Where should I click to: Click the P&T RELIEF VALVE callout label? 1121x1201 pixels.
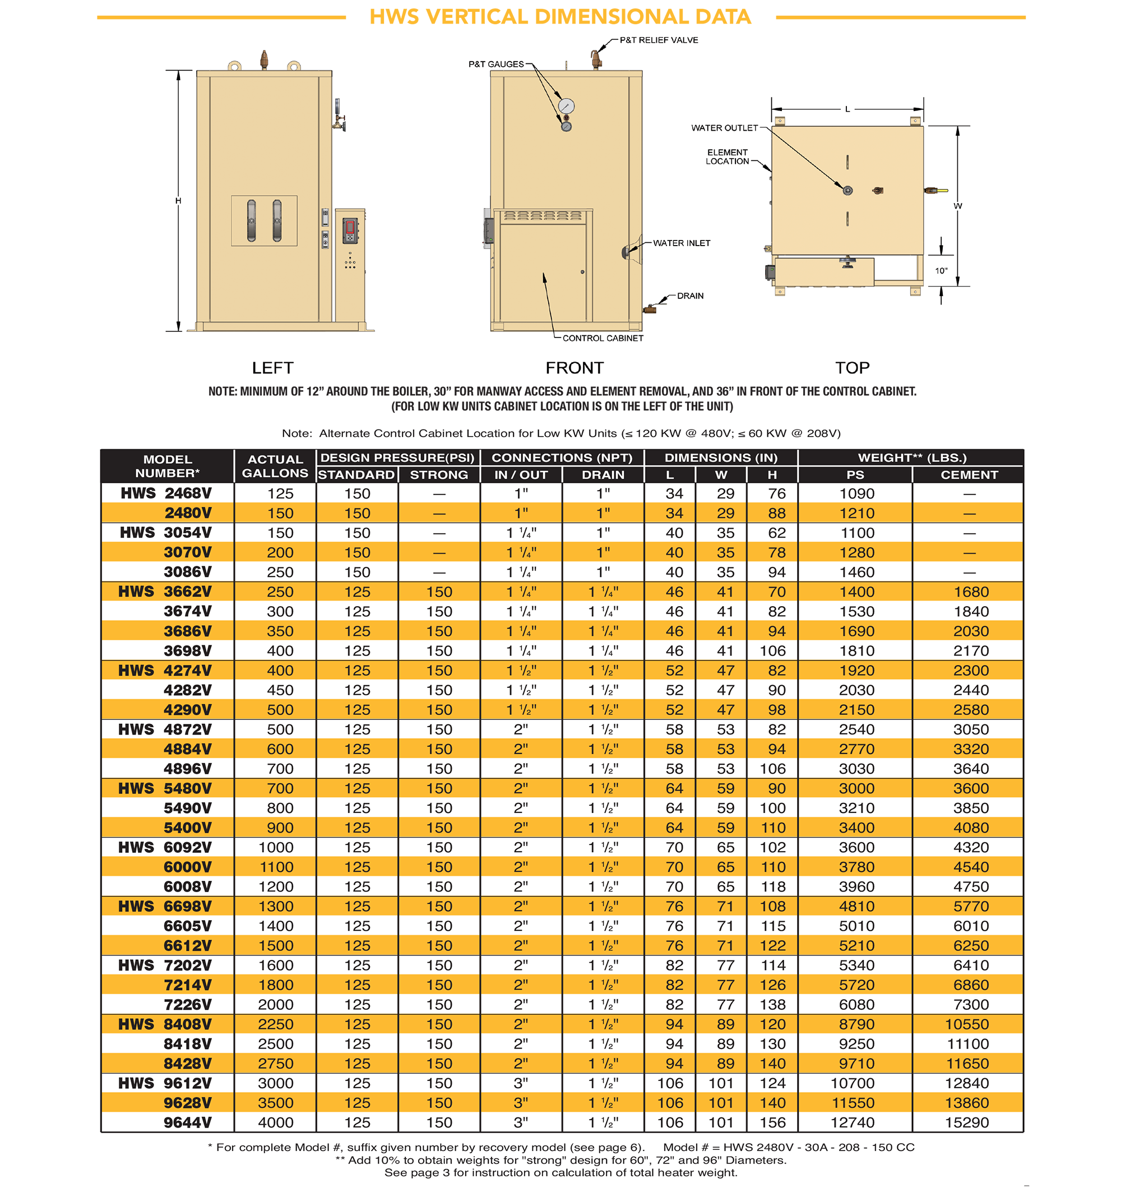click(659, 40)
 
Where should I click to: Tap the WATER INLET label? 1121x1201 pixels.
click(682, 243)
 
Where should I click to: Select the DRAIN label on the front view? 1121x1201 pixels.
click(690, 295)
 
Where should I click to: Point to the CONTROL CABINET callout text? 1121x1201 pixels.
click(602, 338)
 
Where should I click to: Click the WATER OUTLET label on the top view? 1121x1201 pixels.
click(724, 128)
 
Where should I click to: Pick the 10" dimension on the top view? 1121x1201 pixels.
click(941, 271)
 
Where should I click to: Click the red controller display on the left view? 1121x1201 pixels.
click(350, 227)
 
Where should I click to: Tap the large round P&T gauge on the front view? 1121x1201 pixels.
click(566, 106)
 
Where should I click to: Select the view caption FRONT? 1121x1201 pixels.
click(574, 367)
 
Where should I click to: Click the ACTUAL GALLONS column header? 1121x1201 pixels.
click(275, 466)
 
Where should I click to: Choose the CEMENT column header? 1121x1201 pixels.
click(969, 475)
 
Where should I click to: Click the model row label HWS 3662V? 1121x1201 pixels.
click(165, 592)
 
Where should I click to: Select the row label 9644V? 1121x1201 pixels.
click(187, 1122)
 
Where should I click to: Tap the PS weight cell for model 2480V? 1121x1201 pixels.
click(856, 513)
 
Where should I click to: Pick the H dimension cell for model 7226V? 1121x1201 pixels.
click(772, 1004)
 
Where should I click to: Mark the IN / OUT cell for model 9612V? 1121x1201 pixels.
click(521, 1083)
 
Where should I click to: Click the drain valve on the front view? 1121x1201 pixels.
click(649, 310)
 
